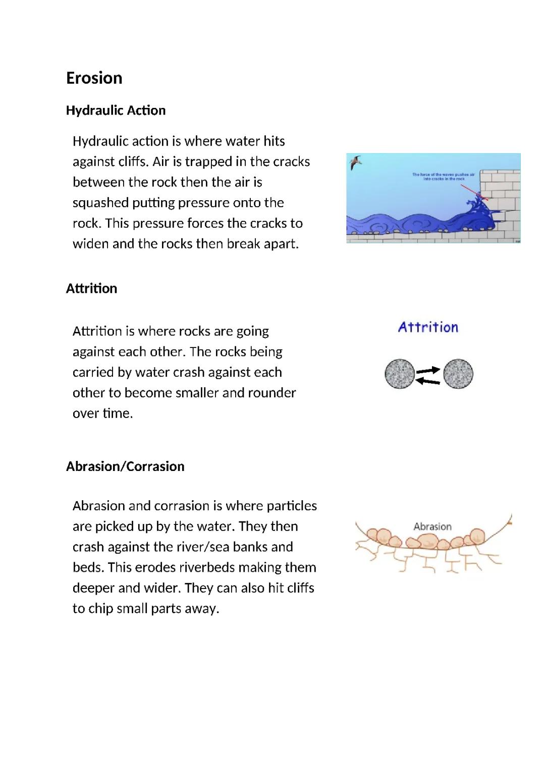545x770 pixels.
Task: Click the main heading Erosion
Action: [94, 78]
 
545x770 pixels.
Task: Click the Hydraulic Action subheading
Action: [116, 110]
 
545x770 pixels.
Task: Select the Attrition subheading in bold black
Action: [91, 288]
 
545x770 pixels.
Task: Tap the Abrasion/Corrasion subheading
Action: [125, 466]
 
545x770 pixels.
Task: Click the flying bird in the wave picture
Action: [356, 162]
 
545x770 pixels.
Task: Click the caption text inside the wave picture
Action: [443, 176]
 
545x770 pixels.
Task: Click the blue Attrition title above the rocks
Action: [428, 327]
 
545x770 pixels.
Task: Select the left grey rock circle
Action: [400, 374]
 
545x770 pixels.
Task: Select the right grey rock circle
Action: [458, 374]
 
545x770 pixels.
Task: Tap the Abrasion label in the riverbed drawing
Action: [432, 526]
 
